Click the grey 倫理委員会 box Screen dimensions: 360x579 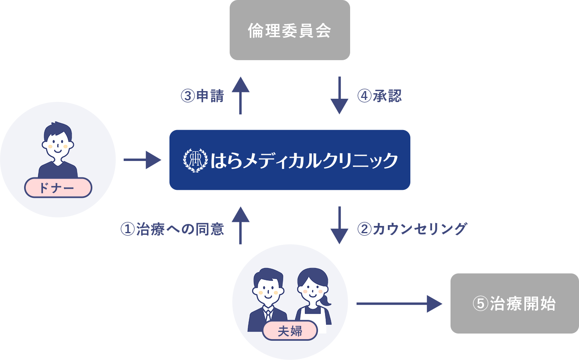[x=289, y=31]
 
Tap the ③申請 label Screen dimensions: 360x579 [x=202, y=96]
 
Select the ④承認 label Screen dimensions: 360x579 [x=379, y=96]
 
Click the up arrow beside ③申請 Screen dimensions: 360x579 [x=240, y=95]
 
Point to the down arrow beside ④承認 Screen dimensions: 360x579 [x=339, y=96]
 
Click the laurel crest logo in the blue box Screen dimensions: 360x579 [x=195, y=160]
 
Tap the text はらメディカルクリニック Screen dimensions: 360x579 [x=304, y=161]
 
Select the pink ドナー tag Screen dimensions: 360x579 [x=58, y=188]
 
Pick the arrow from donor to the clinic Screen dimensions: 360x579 [x=142, y=160]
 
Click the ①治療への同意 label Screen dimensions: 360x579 [x=172, y=229]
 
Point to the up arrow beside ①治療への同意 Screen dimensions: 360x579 [x=240, y=226]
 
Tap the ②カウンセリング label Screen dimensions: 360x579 [x=412, y=229]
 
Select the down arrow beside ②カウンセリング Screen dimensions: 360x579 [x=339, y=226]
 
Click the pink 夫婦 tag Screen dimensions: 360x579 [x=290, y=331]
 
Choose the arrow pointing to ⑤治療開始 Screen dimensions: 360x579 [x=399, y=304]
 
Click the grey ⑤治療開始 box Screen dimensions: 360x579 [x=514, y=304]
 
